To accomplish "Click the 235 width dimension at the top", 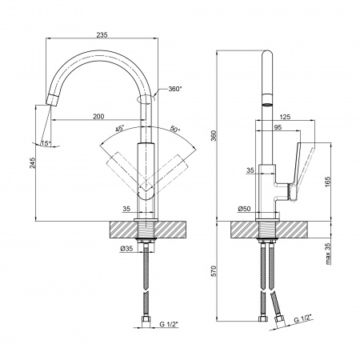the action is point(102,34).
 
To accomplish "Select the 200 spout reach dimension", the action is point(98,116).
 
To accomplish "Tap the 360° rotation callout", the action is point(174,89).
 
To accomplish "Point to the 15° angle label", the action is point(46,143).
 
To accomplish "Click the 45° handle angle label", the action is point(120,129).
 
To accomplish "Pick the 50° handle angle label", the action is point(174,130).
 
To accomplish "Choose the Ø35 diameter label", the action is point(126,249).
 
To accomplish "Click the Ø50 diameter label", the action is point(244,209).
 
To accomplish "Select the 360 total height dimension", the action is point(214,136).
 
